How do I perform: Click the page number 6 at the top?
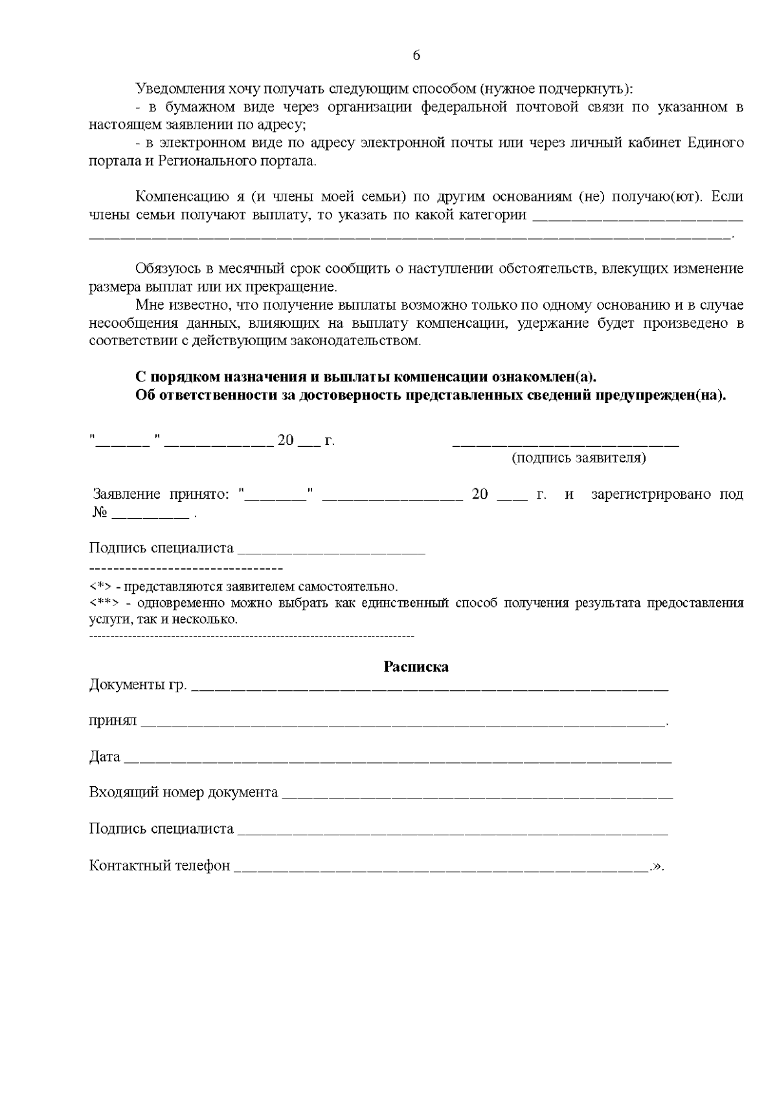click(x=416, y=56)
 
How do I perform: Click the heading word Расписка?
click(x=416, y=667)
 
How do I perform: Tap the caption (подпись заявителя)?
click(x=579, y=459)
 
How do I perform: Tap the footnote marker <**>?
click(x=103, y=604)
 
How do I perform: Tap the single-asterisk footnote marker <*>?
click(x=100, y=587)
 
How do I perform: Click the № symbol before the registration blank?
click(x=98, y=513)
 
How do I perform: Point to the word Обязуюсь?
click(x=165, y=269)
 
